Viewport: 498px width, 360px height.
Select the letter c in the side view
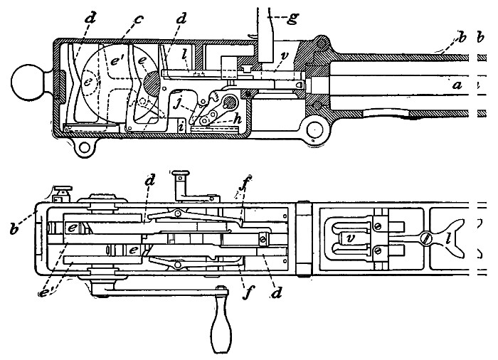pyautogui.click(x=139, y=18)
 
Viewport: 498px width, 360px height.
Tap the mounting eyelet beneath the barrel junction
pyautogui.click(x=310, y=129)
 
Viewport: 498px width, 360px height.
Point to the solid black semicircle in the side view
pyautogui.click(x=151, y=81)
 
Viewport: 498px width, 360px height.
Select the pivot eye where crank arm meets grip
pyautogui.click(x=222, y=291)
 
